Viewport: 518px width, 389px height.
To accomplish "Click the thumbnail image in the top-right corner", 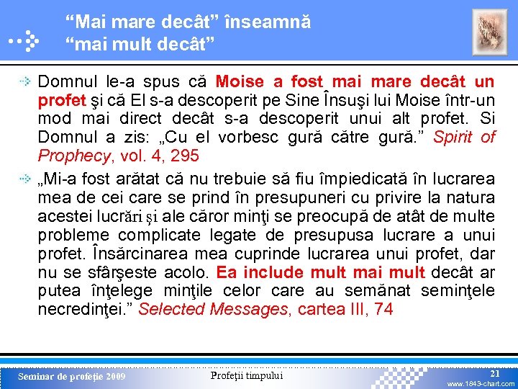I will point(489,32).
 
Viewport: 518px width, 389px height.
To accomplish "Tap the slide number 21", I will point(494,374).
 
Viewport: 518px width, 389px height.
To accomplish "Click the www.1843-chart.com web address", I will point(481,384).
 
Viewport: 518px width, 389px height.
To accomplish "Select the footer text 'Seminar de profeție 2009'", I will point(71,377).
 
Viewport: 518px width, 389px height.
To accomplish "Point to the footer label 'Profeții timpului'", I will point(247,375).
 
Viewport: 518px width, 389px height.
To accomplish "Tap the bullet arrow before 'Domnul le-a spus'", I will point(25,82).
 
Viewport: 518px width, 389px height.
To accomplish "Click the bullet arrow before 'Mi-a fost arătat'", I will point(25,179).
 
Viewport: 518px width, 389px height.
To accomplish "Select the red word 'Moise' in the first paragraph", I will point(240,81).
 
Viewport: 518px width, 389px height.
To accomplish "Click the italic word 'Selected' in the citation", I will point(168,310).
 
